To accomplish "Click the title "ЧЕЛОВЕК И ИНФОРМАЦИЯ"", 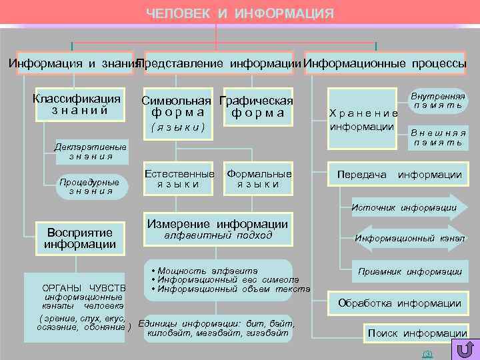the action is point(240,14).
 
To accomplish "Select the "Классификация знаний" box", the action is point(77,105).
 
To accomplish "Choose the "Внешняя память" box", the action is point(438,137).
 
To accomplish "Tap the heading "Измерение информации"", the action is point(218,225).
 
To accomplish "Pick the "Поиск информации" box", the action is point(417,333).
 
